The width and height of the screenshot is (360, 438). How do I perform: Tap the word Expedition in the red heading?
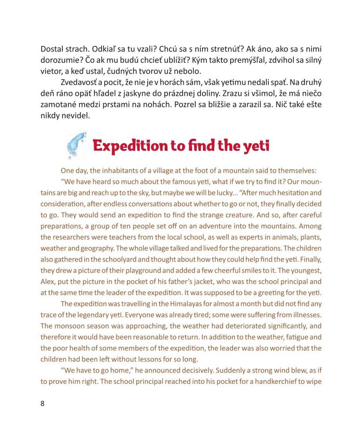coord(131,146)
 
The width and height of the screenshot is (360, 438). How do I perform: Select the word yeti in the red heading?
coord(255,146)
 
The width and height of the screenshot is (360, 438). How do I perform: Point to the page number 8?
coord(43,404)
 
